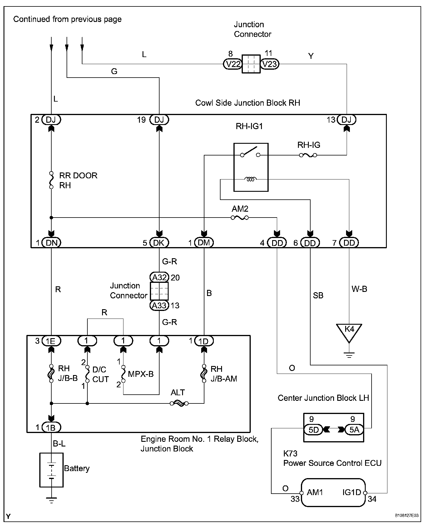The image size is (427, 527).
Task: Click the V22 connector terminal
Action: [233, 64]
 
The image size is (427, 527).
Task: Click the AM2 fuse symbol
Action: [240, 218]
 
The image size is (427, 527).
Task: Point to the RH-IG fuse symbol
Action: [308, 155]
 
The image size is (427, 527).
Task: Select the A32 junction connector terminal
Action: [159, 277]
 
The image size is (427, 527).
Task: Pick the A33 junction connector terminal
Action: [159, 305]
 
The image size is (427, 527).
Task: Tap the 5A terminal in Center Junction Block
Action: [354, 430]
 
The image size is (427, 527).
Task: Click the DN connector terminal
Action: [51, 243]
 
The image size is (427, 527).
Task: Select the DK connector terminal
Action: [159, 243]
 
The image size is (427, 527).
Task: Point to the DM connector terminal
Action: [204, 243]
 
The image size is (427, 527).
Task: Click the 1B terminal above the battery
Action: [51, 428]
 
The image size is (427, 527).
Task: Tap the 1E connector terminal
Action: [51, 341]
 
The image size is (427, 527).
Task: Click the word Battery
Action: [77, 468]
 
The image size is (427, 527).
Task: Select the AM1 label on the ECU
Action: [315, 492]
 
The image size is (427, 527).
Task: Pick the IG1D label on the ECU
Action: [352, 492]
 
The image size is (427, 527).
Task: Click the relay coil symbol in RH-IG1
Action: [251, 179]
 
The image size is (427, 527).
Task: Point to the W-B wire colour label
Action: [359, 289]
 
